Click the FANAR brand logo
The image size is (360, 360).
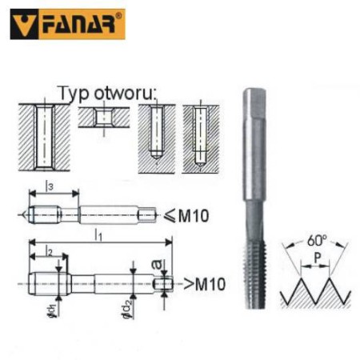pyautogui.click(x=68, y=24)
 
